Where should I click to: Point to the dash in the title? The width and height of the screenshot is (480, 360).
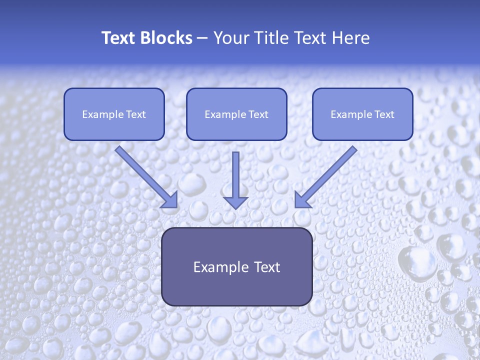tap(202, 38)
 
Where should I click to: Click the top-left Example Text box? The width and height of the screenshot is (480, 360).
tap(114, 114)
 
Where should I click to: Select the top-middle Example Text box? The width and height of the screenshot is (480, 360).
tap(236, 114)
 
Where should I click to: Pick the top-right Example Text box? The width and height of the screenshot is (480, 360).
tap(362, 114)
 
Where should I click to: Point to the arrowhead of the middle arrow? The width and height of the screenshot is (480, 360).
tap(235, 202)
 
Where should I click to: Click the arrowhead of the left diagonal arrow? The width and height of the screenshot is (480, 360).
tap(170, 200)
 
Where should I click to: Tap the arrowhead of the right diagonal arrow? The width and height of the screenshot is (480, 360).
tap(301, 200)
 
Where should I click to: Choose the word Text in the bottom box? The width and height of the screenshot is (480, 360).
tap(266, 267)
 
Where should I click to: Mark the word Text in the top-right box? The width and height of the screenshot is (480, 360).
tap(384, 114)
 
